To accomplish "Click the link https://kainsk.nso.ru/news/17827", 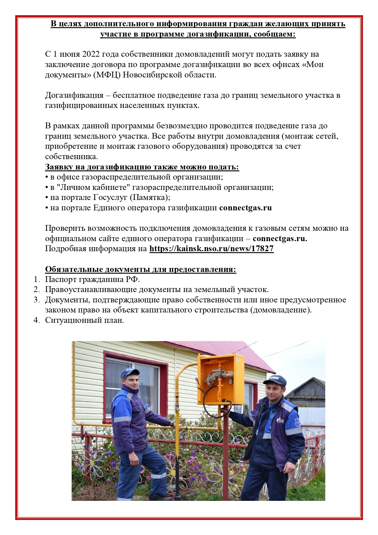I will [x=211, y=249].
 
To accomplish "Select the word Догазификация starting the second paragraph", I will [x=74, y=95].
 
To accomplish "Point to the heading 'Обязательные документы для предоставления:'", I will [x=141, y=269].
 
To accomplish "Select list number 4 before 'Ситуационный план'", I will [x=37, y=320].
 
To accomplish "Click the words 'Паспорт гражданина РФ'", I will [x=92, y=280].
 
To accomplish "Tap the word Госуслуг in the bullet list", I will [x=110, y=198].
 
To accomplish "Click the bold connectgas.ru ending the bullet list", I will [x=245, y=208].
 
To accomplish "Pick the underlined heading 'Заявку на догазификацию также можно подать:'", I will [x=142, y=167].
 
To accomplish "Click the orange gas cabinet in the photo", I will [x=220, y=379].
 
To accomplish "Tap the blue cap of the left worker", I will [x=129, y=373].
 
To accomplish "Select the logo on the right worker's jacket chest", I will [x=280, y=420].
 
